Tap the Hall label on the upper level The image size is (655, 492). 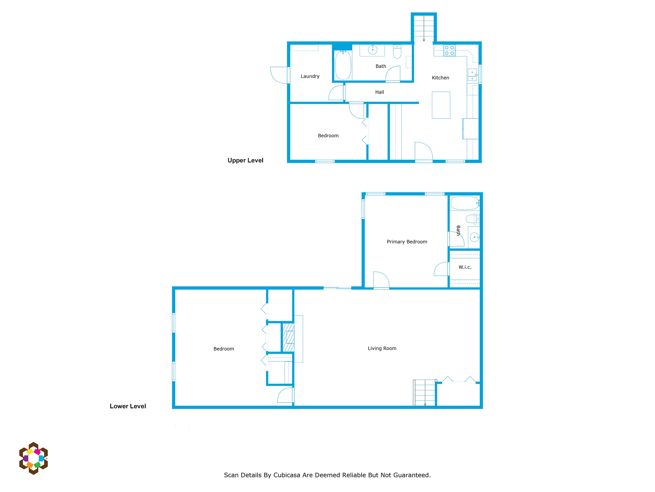click(x=380, y=92)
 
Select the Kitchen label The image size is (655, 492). click(x=440, y=78)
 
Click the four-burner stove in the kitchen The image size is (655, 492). click(x=449, y=50)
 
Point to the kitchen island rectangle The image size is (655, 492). click(x=441, y=105)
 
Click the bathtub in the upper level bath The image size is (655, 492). click(x=343, y=65)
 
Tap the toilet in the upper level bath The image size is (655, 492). click(x=397, y=52)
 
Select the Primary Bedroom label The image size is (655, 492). click(x=407, y=242)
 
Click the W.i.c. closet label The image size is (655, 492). click(x=465, y=267)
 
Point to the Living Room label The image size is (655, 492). click(x=382, y=348)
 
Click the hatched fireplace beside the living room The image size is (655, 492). click(x=288, y=337)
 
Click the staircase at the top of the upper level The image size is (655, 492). click(x=424, y=28)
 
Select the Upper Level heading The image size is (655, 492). click(x=245, y=160)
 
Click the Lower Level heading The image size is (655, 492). click(x=128, y=406)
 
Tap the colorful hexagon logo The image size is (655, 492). click(x=34, y=458)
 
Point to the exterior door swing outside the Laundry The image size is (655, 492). click(x=279, y=75)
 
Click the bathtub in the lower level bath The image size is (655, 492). click(x=464, y=203)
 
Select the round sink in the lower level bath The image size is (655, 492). click(x=474, y=237)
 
